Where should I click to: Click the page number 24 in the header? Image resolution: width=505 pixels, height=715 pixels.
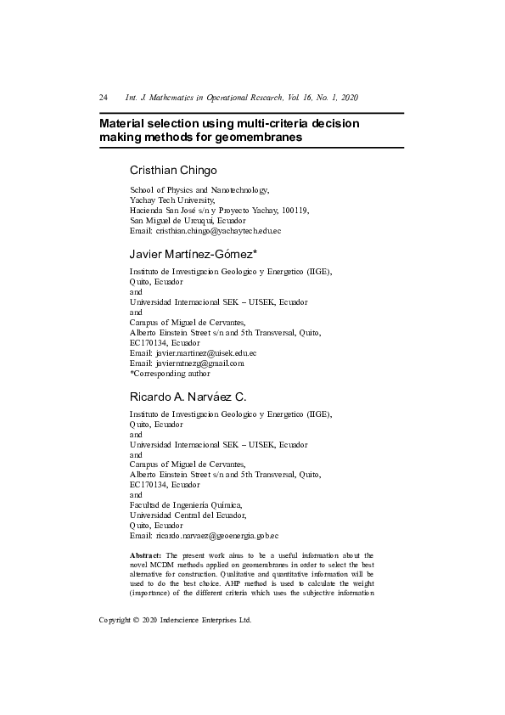pyautogui.click(x=104, y=98)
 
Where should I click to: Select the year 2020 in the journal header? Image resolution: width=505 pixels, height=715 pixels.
pyautogui.click(x=360, y=98)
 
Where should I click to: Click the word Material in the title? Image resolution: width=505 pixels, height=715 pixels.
pyautogui.click(x=126, y=123)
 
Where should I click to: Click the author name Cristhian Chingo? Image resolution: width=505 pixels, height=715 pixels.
pyautogui.click(x=174, y=170)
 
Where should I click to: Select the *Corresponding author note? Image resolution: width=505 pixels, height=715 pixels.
pyautogui.click(x=170, y=373)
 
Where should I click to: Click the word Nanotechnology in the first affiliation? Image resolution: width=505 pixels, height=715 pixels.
pyautogui.click(x=238, y=189)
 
